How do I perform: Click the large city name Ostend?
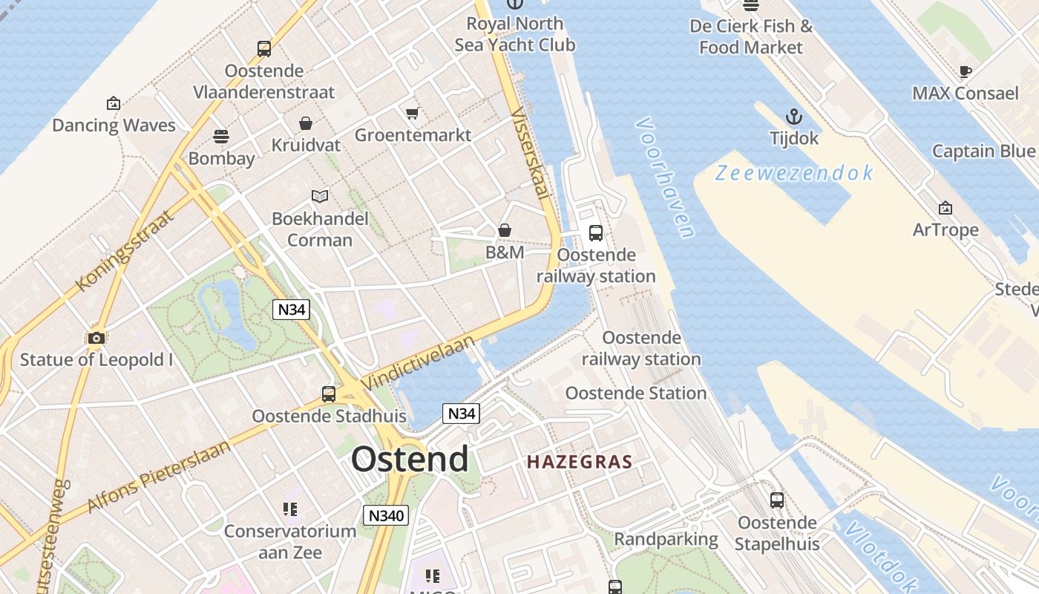point(410,459)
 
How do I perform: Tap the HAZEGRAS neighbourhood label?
point(580,462)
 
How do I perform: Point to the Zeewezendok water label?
point(794,173)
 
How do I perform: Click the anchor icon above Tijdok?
point(794,117)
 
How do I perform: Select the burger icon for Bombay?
point(221,137)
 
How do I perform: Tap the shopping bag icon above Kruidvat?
point(305,123)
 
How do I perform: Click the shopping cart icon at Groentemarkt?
point(413,114)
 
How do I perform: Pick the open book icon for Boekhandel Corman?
point(320,196)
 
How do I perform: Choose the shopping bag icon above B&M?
point(505,230)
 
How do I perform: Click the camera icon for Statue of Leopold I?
point(96,339)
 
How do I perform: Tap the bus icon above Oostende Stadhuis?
point(329,394)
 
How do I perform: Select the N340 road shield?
point(386,515)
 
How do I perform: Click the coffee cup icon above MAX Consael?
point(965,72)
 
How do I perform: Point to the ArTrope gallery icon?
point(945,209)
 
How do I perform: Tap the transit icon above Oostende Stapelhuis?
point(777,500)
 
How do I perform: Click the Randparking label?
point(666,539)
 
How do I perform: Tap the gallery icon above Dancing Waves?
point(114,103)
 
